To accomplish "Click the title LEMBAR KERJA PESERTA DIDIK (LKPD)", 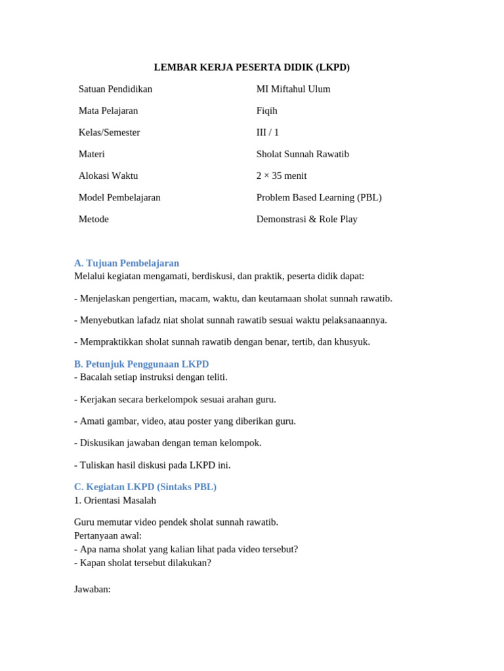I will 251,67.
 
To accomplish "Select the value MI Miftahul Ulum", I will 293,89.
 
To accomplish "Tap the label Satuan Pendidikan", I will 115,89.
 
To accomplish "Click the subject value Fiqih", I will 266,111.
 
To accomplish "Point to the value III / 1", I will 267,132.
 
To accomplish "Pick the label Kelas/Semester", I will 109,132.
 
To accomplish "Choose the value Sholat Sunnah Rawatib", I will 302,154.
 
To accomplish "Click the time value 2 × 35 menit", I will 281,176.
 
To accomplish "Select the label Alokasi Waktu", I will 108,176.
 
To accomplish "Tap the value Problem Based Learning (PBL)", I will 318,197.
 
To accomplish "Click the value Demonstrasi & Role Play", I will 306,219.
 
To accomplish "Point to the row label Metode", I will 93,219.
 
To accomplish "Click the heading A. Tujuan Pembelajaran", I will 126,263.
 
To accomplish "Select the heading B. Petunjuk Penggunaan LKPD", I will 141,364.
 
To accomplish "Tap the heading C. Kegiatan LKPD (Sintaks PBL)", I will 145,487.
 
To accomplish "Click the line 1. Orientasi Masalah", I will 115,500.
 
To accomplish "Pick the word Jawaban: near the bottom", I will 93,589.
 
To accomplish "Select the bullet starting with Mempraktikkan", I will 222,341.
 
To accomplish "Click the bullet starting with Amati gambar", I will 184,421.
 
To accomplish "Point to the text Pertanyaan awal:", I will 108,535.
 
